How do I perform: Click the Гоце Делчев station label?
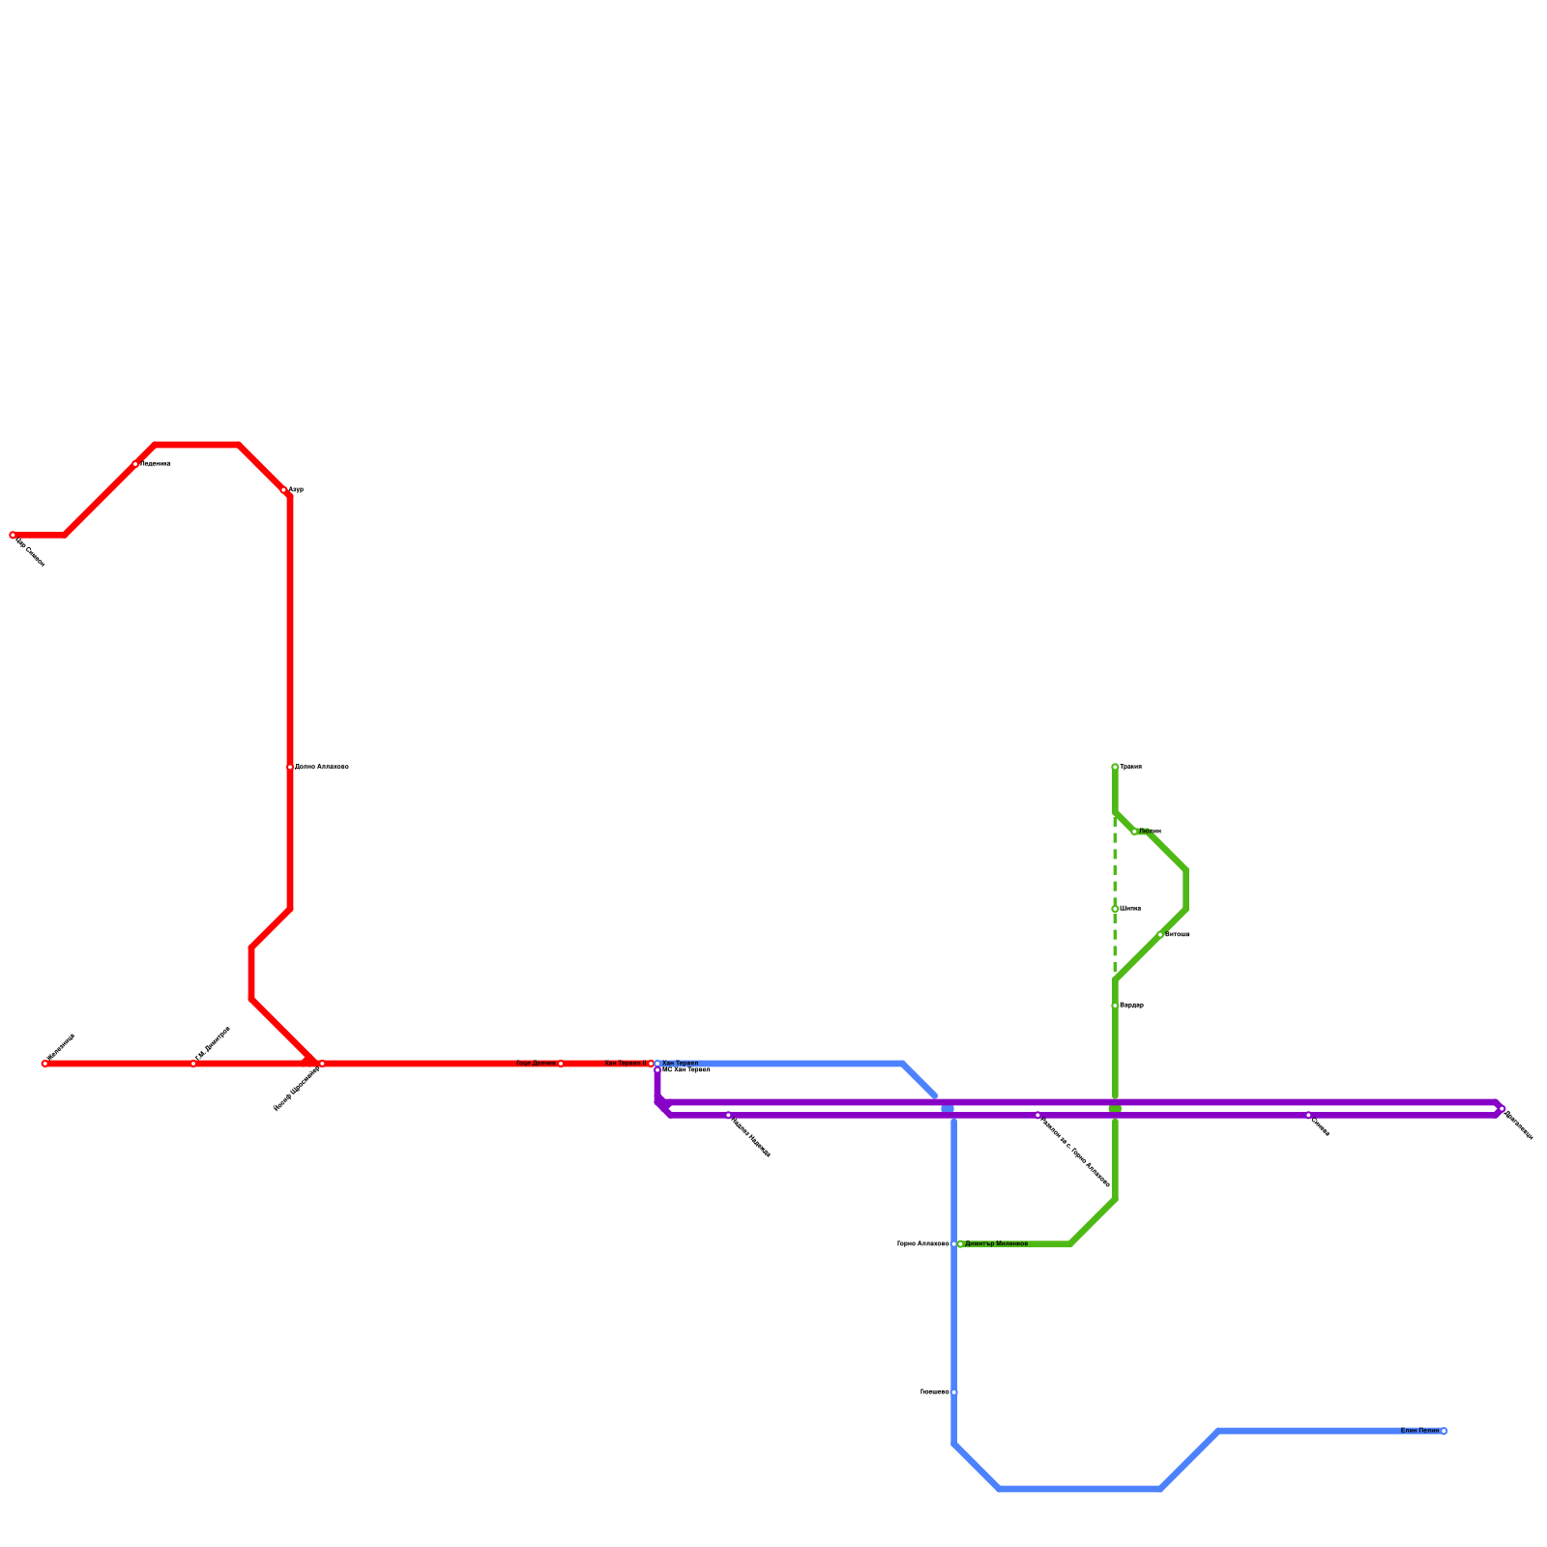(x=536, y=1063)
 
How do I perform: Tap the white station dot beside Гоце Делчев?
(x=561, y=1064)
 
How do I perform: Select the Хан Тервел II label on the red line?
(x=624, y=1063)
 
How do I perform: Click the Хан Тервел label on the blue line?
(x=680, y=1063)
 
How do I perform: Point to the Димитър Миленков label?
(x=996, y=1243)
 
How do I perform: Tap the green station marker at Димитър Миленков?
(x=960, y=1243)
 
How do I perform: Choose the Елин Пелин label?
(x=1419, y=1430)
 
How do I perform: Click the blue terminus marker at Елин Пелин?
(x=1444, y=1431)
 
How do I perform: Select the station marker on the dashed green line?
(x=1115, y=909)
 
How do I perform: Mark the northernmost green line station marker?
(x=1115, y=767)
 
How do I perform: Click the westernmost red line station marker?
(x=13, y=535)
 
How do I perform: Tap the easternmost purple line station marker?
(x=1502, y=1109)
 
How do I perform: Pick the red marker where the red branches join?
(x=322, y=1064)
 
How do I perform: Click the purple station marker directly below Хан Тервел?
(x=657, y=1069)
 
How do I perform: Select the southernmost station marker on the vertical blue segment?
(x=954, y=1392)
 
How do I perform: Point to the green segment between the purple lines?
(x=1115, y=1109)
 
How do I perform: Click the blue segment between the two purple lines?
(x=948, y=1109)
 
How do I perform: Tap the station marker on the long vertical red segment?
(x=290, y=767)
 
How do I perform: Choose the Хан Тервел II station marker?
(x=651, y=1064)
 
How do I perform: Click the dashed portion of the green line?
(x=1115, y=870)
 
